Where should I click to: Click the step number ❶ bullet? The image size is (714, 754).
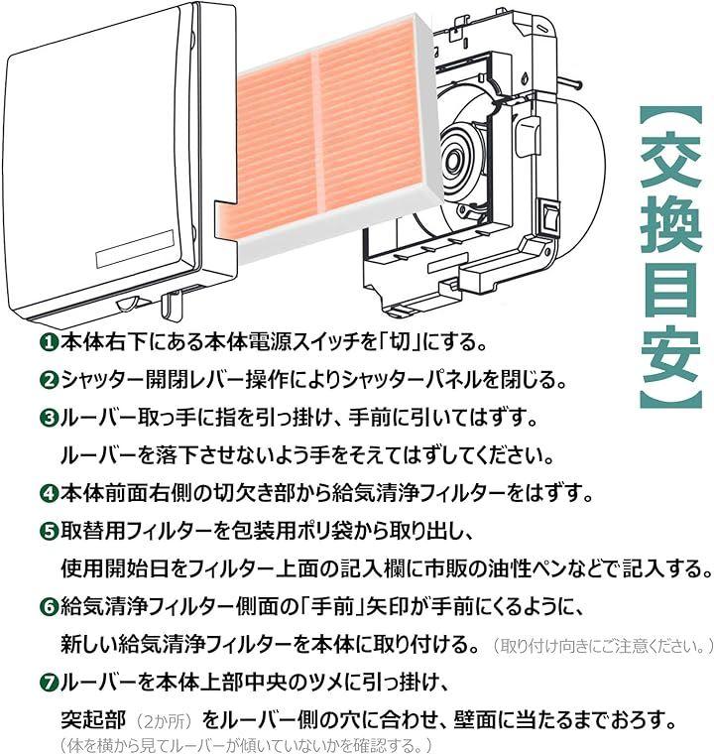point(49,343)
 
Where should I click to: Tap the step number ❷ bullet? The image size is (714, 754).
point(49,380)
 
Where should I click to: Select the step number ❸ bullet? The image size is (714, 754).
point(49,418)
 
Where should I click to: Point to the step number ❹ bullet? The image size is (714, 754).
point(49,494)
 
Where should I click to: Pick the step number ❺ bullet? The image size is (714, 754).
point(49,532)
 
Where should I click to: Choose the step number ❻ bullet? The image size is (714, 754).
point(49,607)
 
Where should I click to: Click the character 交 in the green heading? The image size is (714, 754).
point(669,161)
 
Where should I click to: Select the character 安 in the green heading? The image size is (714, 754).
point(669,356)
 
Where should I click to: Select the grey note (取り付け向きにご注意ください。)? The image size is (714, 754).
point(602,646)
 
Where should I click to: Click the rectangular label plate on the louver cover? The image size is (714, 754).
point(135,249)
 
